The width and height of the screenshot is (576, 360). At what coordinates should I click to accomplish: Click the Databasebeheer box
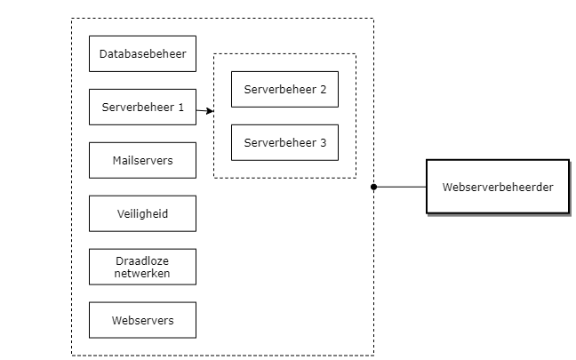point(142,53)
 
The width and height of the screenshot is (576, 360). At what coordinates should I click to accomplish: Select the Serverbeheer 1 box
point(142,107)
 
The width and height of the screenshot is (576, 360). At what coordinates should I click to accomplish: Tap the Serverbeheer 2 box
point(284,89)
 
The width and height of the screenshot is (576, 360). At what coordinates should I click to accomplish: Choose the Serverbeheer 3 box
point(284,142)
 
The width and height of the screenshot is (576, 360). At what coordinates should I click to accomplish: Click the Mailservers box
point(142,160)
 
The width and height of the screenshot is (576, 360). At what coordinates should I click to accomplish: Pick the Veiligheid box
point(142,213)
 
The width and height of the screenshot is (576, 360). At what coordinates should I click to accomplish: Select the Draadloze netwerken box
point(142,267)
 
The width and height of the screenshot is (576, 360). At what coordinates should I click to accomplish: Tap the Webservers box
point(142,320)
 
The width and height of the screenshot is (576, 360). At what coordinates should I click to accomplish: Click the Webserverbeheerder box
point(498,187)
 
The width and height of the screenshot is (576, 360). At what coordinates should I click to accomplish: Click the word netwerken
point(142,273)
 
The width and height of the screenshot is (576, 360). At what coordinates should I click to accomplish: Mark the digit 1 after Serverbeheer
point(180,108)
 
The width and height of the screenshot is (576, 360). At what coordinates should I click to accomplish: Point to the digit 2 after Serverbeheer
point(323,90)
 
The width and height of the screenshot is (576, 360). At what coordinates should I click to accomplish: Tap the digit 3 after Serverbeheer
point(323,143)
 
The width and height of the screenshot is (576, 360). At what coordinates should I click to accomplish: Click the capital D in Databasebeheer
point(103,54)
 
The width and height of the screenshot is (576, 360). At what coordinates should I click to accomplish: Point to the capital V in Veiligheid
point(120,214)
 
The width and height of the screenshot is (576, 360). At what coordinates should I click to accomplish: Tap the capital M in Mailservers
point(116,161)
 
